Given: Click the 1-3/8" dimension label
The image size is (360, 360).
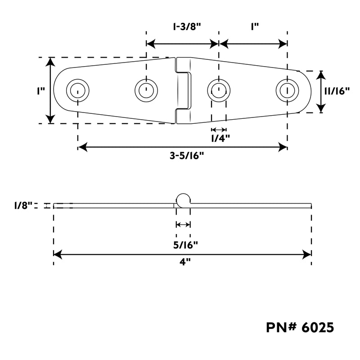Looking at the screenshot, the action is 187,27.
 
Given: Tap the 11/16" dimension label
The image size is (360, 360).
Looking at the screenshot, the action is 337,91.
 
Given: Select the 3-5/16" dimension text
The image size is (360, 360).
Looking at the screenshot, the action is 187,156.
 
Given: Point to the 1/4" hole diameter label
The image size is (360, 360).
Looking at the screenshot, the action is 220,138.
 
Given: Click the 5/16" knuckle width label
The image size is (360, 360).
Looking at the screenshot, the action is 185,245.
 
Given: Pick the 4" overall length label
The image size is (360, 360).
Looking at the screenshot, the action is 185,262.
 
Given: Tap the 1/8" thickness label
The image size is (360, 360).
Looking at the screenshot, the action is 23,206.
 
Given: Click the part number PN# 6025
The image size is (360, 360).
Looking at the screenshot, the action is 300,327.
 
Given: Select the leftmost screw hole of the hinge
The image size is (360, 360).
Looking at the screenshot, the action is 78,90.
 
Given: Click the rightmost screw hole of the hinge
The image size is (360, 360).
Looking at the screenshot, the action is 288,90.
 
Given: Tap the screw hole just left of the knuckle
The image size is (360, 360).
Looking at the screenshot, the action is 146,90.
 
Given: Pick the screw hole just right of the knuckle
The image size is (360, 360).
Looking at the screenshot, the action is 219,90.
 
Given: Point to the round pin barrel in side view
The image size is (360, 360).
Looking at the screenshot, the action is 183,200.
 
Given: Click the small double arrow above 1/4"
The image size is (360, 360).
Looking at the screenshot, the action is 219,130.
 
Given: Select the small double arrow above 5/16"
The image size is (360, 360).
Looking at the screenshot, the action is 183,224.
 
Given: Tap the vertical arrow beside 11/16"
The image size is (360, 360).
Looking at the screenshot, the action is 321,92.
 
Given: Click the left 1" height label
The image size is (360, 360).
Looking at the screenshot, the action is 41,91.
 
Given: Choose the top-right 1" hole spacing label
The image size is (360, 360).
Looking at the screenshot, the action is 254,27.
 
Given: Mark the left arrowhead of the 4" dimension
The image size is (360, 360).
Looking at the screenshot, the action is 58,254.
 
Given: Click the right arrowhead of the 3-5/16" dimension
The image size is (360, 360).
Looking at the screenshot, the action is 283,147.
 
